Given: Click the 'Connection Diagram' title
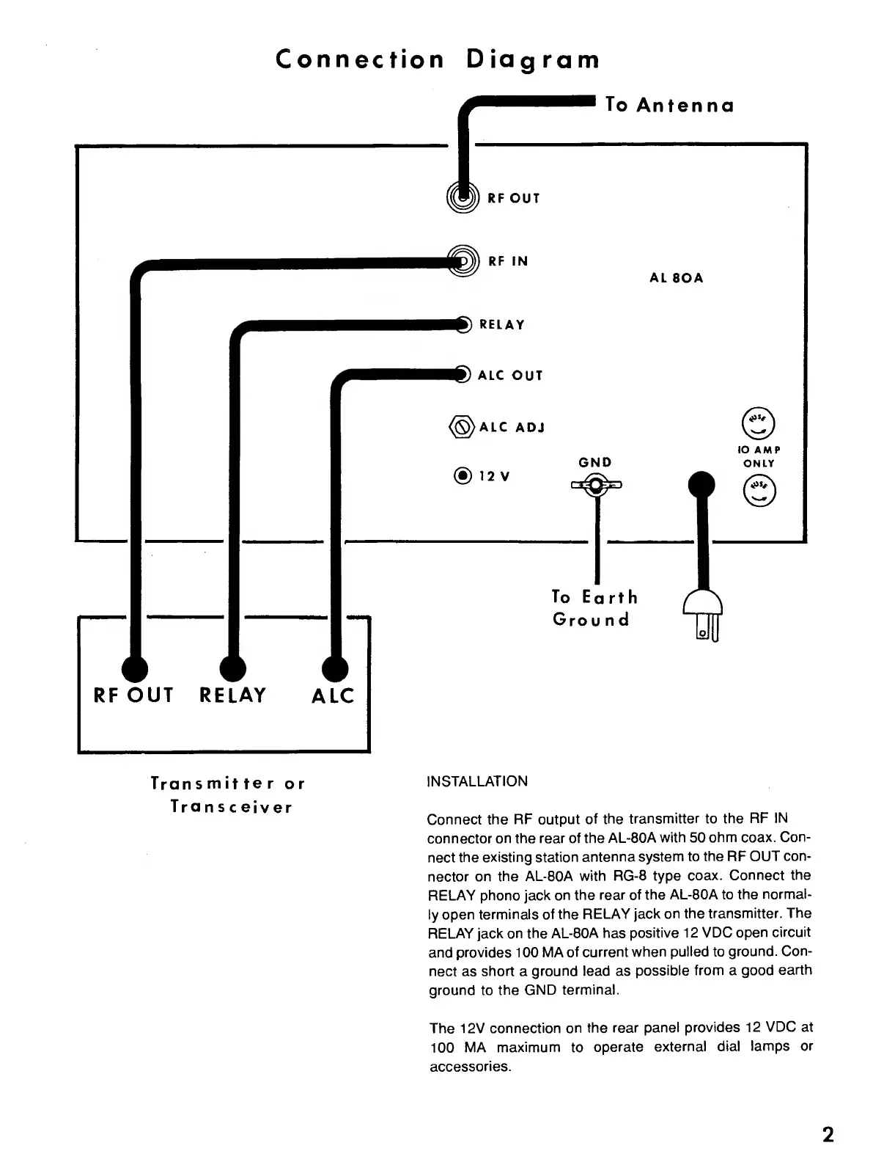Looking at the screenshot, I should click(438, 59).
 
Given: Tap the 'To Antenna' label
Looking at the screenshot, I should click(670, 106).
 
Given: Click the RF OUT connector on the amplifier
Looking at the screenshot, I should click(462, 197).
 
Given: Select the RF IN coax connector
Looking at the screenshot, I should click(462, 260).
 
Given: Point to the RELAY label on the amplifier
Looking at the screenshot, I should click(502, 325).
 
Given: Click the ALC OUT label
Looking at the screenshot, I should click(510, 376).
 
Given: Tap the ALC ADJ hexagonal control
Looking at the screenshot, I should click(461, 427).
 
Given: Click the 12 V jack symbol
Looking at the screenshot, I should click(462, 476).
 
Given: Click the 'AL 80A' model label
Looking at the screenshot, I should click(676, 278).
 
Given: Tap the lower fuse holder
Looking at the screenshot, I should click(759, 491).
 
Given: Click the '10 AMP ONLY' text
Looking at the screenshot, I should click(759, 456).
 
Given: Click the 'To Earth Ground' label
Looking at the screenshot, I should click(594, 608).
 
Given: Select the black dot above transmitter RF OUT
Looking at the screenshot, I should click(133, 668).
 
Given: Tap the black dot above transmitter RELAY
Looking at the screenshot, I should click(233, 668).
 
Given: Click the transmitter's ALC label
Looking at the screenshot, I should click(333, 696).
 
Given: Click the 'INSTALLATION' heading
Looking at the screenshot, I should click(476, 781).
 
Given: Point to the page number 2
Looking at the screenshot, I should click(828, 1135).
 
